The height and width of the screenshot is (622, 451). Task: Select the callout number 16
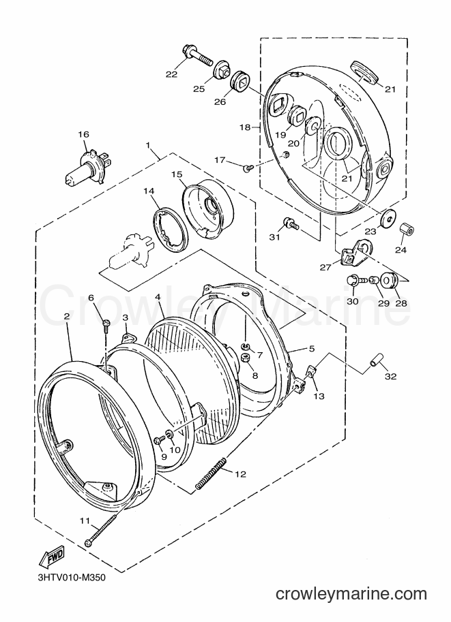(84, 134)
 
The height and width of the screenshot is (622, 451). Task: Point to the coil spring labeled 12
(212, 473)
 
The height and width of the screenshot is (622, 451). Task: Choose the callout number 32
(391, 376)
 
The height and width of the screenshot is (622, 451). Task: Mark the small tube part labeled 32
(377, 358)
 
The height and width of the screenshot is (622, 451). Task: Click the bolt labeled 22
(197, 57)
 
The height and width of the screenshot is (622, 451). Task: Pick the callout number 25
(199, 89)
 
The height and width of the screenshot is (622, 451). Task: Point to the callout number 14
(149, 191)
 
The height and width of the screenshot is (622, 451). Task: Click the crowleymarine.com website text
(351, 594)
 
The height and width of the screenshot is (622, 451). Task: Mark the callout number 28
(401, 303)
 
